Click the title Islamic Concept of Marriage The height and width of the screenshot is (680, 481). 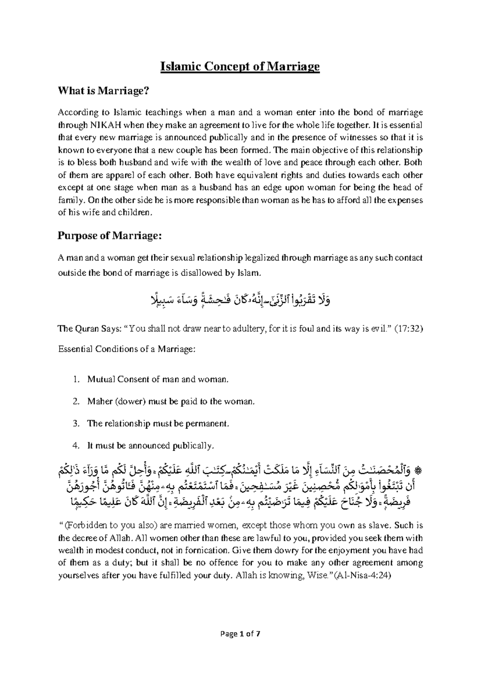240,67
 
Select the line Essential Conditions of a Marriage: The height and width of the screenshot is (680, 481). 127,349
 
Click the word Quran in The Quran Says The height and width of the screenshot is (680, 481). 85,329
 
